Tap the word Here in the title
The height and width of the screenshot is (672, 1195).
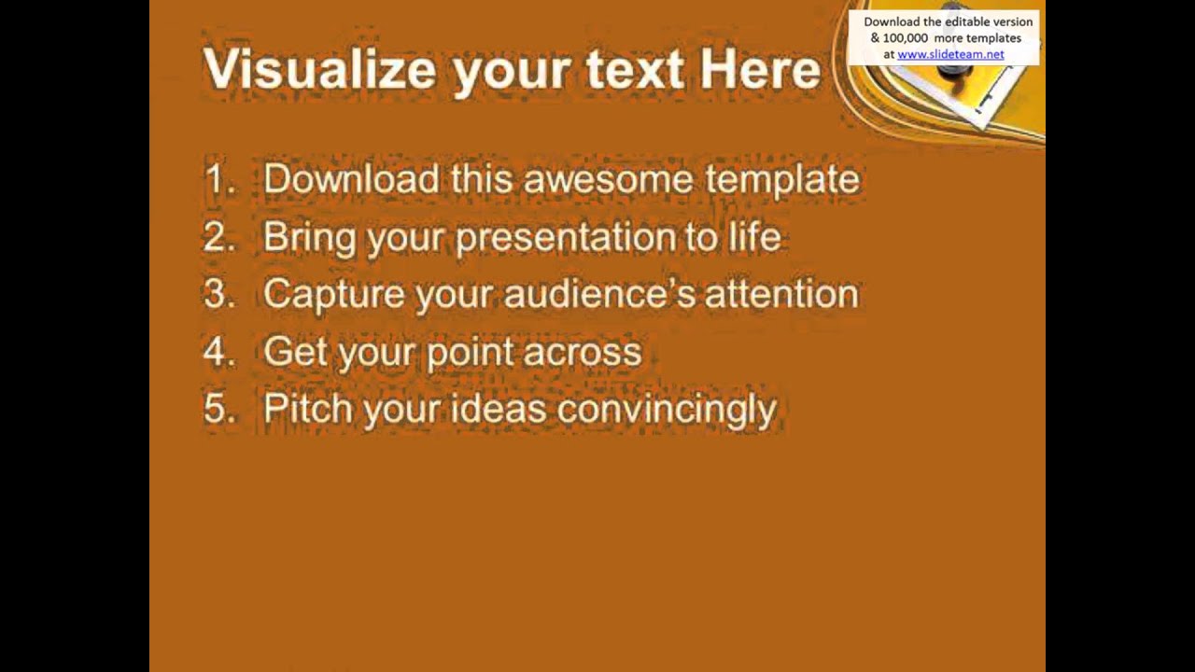point(759,69)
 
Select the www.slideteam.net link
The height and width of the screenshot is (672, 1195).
point(950,54)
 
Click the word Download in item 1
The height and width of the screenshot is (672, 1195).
point(351,179)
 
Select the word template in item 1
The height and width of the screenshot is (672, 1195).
point(782,179)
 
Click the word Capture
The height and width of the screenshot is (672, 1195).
point(333,294)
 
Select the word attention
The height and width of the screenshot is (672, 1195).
point(781,294)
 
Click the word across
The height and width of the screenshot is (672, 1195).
point(583,352)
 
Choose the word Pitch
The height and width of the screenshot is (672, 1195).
point(307,409)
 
